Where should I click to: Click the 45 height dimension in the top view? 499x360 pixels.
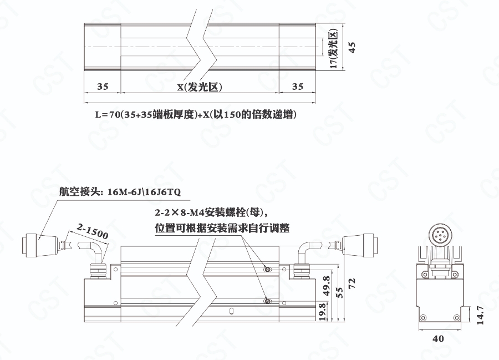[x=352, y=47]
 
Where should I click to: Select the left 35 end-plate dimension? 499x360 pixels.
[x=103, y=87]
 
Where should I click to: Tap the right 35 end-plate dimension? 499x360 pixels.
[x=298, y=87]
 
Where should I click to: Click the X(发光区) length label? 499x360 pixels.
[x=200, y=87]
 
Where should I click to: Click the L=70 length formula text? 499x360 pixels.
[x=196, y=114]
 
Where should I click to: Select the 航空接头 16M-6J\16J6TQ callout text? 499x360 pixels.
[x=120, y=191]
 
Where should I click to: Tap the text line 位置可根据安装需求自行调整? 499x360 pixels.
[x=222, y=228]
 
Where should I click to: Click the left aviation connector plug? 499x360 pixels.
[x=39, y=245]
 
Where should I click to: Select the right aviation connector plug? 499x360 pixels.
[x=359, y=245]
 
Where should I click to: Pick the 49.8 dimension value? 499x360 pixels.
[x=327, y=286]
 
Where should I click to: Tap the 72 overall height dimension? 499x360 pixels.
[x=352, y=283]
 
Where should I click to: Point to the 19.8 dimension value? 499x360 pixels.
[x=322, y=312]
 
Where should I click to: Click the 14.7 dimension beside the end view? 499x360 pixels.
[x=480, y=315]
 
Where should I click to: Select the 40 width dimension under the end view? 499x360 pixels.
[x=438, y=339]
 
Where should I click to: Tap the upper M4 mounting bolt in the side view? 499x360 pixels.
[x=268, y=270]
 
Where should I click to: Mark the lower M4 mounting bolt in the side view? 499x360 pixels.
[x=268, y=301]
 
